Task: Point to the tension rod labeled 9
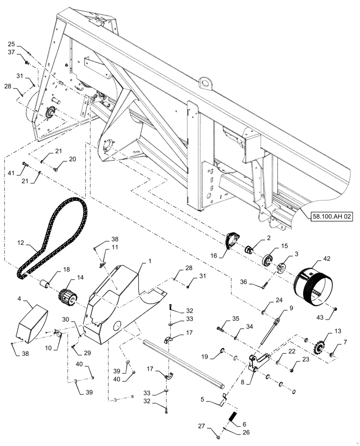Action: coord(270,330)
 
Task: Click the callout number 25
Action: coord(12,44)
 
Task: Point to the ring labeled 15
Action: coord(270,260)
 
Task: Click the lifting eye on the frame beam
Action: coord(205,83)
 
